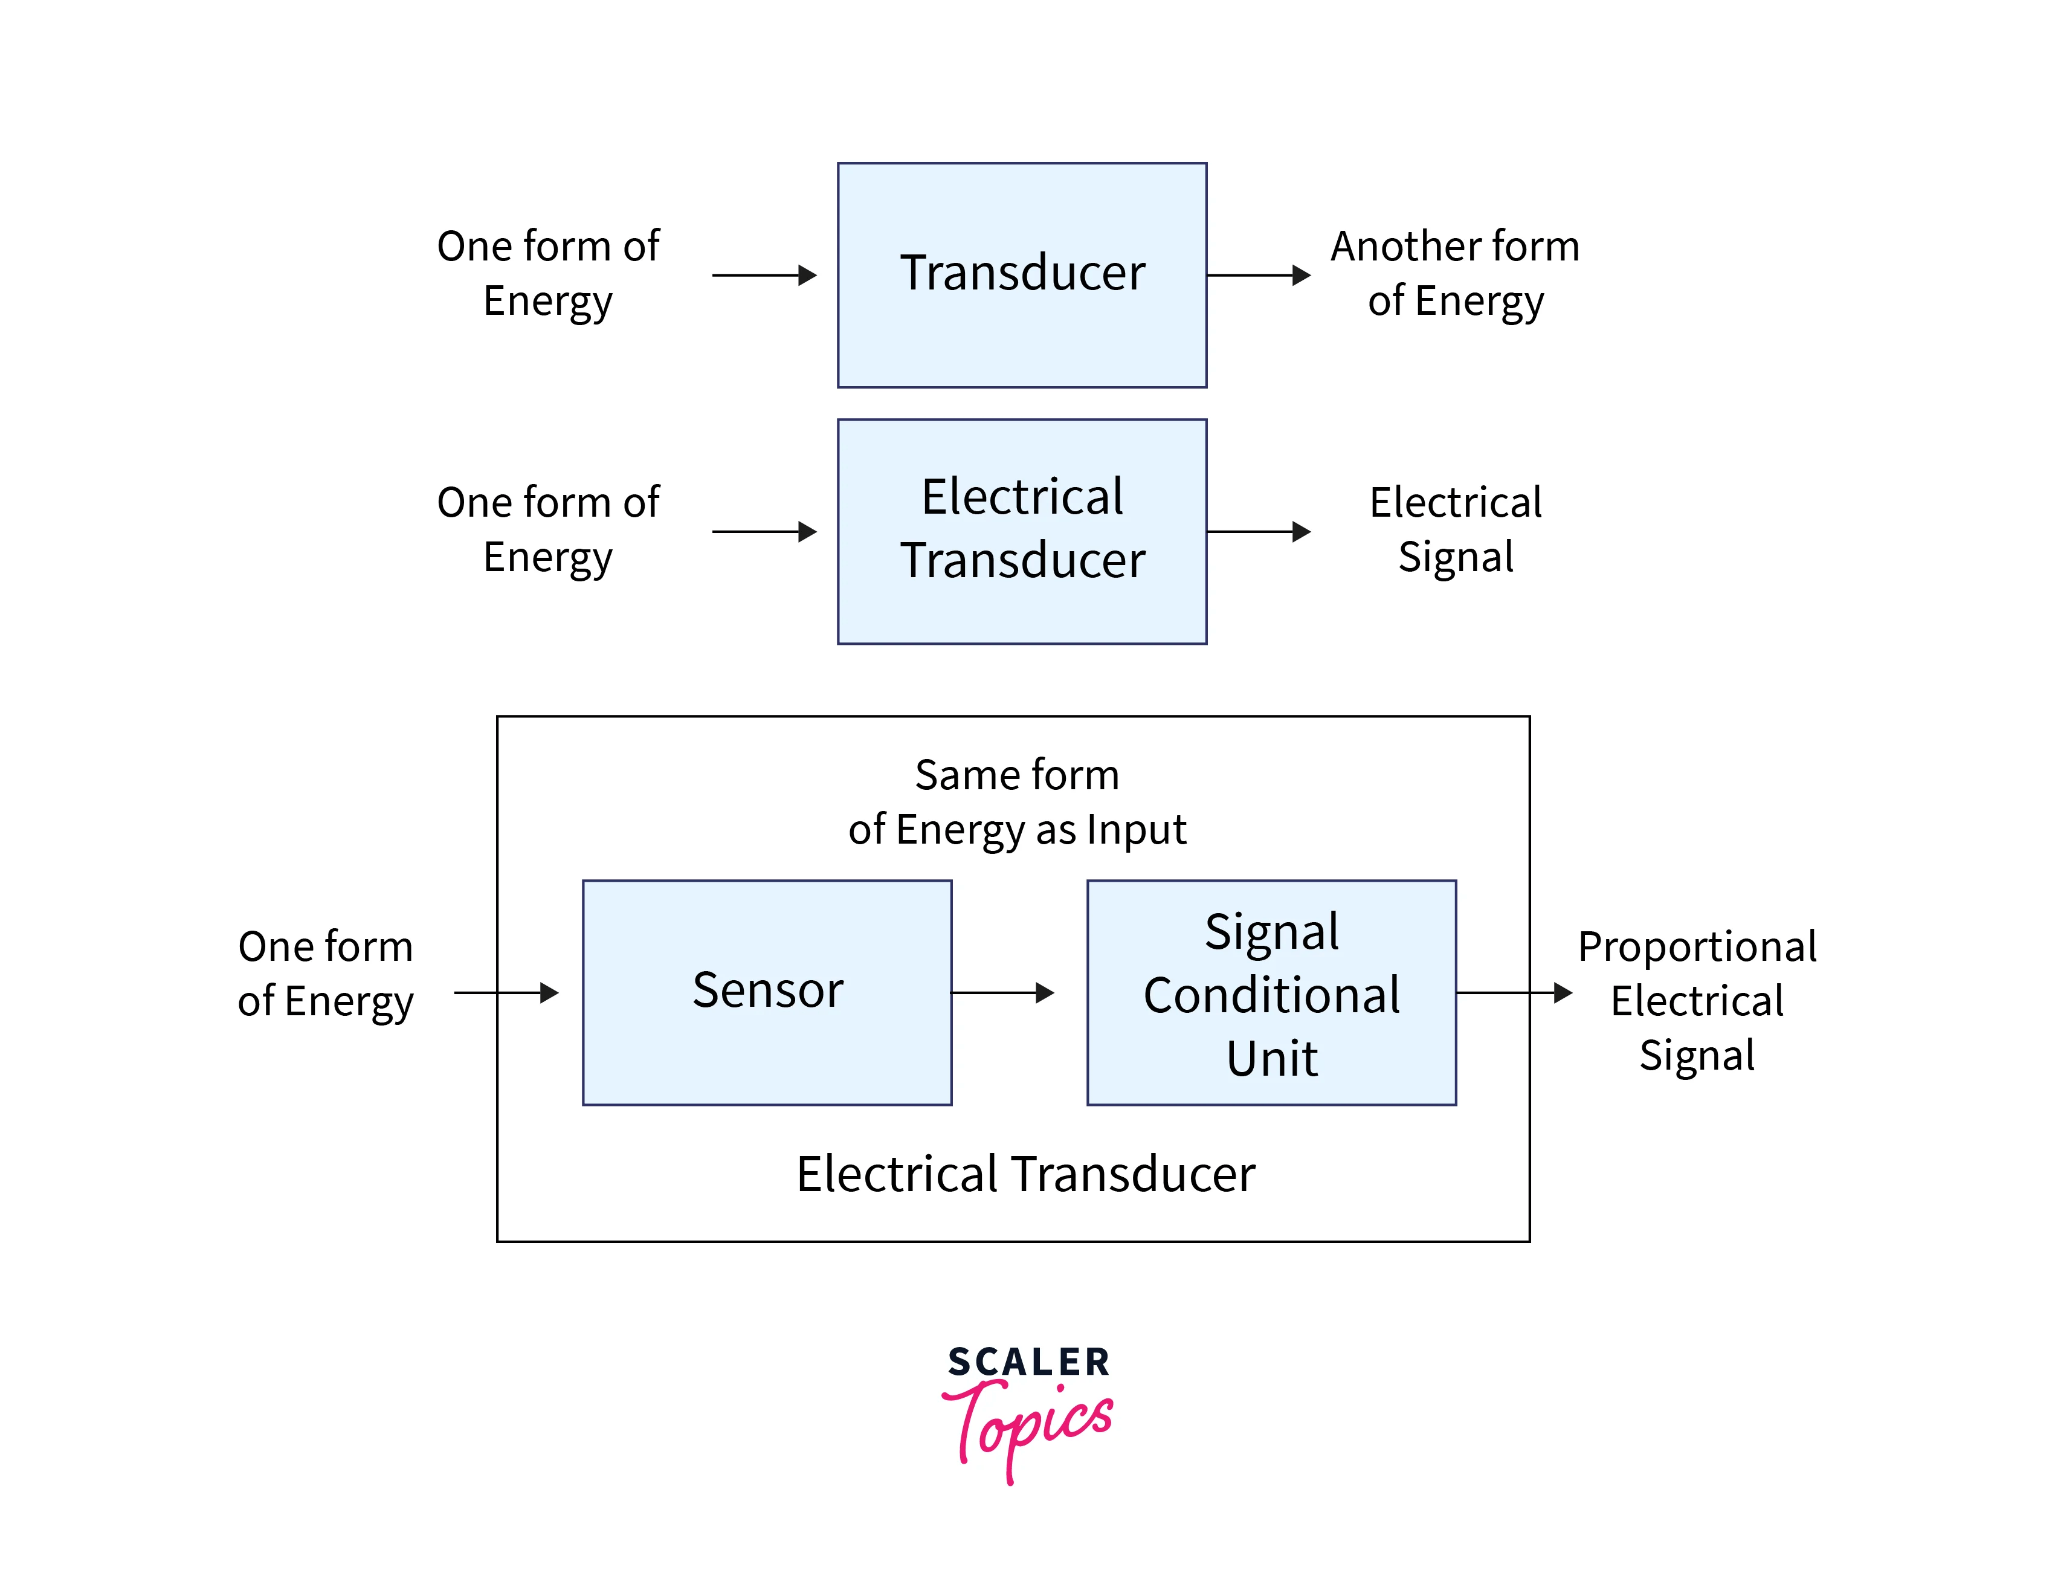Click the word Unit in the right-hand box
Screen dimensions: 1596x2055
coord(1271,1058)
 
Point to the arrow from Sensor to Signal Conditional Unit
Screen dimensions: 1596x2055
coord(1003,993)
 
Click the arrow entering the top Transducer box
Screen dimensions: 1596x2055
coord(764,276)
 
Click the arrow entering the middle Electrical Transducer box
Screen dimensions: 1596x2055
coord(764,532)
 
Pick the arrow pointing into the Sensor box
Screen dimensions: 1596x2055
coord(506,993)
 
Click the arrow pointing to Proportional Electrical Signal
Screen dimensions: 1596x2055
coord(1514,993)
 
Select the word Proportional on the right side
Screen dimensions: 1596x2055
coord(1697,947)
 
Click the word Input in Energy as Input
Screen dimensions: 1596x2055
coord(1136,830)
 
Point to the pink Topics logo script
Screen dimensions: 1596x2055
coord(1030,1426)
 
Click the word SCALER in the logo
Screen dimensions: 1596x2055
coord(1028,1362)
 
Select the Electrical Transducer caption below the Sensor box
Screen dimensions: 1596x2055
coord(1025,1174)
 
